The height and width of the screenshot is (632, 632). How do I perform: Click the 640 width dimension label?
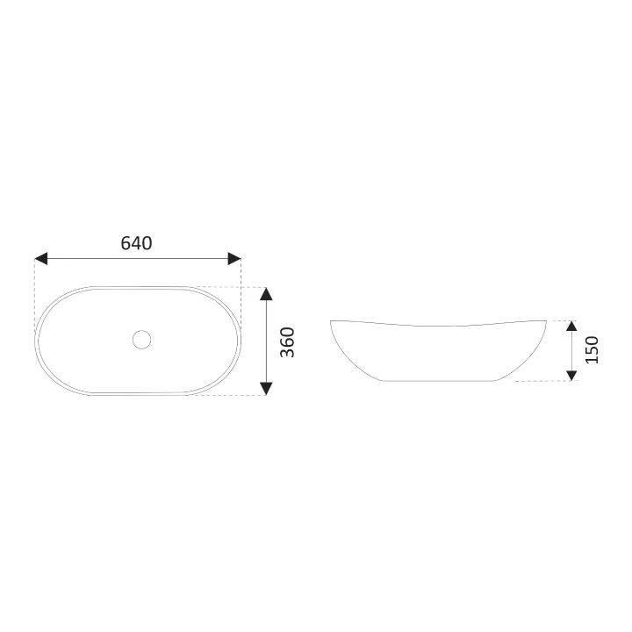[136, 243]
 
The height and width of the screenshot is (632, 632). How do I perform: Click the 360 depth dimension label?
[287, 342]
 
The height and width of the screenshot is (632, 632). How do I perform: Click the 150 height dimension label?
[592, 349]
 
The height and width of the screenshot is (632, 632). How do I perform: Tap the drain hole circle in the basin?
[142, 340]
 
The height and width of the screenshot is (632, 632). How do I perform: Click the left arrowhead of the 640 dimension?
[40, 258]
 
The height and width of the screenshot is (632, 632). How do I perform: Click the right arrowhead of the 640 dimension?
[234, 258]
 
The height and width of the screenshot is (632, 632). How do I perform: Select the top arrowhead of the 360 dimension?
[266, 294]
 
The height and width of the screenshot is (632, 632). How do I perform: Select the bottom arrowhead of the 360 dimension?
[266, 389]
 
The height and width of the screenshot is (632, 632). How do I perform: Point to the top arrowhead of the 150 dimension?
[571, 326]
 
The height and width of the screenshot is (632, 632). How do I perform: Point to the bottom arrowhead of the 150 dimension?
[571, 376]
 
